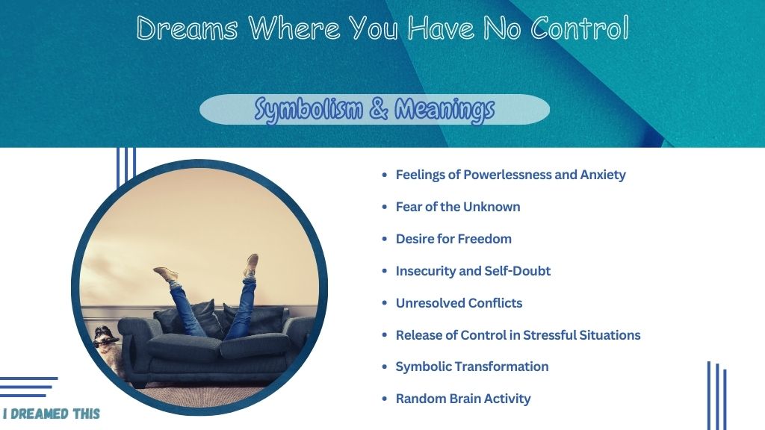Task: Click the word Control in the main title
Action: (579, 28)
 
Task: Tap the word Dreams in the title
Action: (187, 28)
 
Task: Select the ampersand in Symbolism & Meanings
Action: (379, 108)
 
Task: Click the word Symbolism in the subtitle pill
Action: (309, 109)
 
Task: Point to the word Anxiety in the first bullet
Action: (603, 175)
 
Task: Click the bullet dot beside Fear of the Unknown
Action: (385, 208)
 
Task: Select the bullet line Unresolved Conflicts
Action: (459, 303)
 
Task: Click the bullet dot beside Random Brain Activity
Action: (385, 399)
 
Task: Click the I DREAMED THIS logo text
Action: (52, 414)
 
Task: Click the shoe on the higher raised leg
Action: (251, 266)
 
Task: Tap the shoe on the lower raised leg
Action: (167, 274)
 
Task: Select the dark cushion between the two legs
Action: (211, 319)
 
